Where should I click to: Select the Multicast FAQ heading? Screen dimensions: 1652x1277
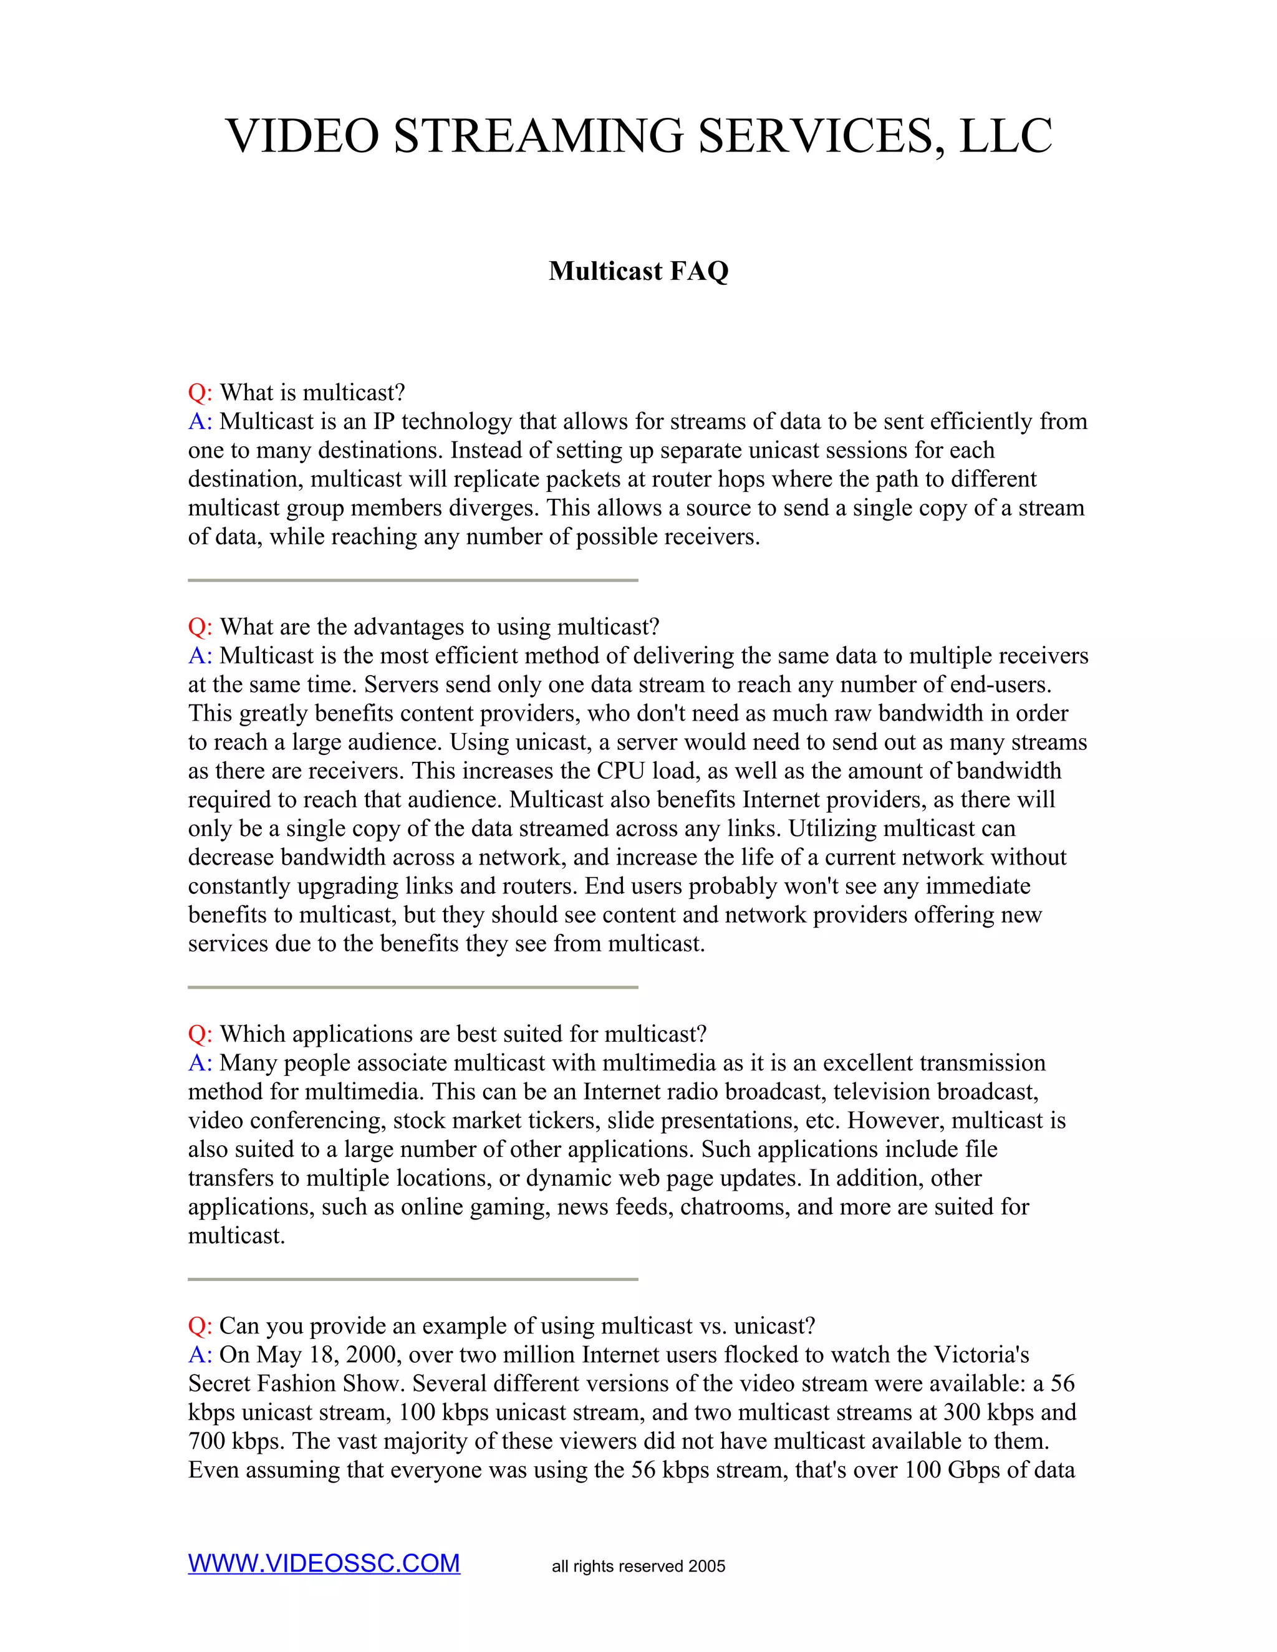click(638, 271)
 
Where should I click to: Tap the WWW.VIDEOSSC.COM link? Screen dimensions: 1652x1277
click(324, 1563)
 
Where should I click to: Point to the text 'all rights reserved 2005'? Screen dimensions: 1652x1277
click(638, 1566)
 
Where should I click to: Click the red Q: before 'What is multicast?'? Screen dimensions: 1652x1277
click(200, 393)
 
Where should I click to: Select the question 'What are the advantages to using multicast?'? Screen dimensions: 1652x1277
click(440, 627)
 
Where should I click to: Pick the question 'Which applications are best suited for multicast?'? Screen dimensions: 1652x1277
click(463, 1034)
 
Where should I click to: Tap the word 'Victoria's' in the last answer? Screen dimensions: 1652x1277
click(981, 1355)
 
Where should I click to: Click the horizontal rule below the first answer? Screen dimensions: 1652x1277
click(413, 580)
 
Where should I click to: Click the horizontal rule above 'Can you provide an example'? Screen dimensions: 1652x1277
click(413, 1279)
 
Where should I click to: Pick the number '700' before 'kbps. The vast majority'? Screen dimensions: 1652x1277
click(206, 1441)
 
